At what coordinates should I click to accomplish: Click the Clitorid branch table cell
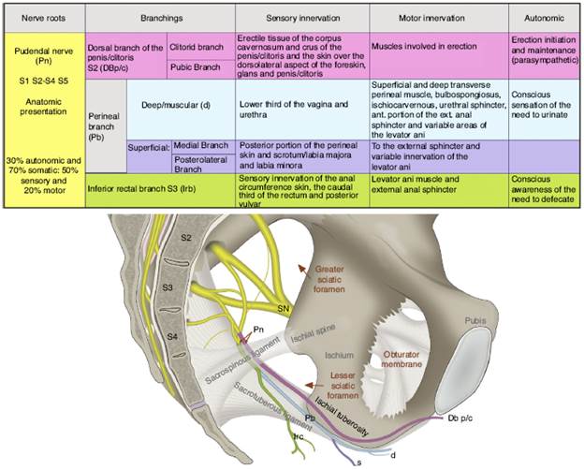(200, 45)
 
